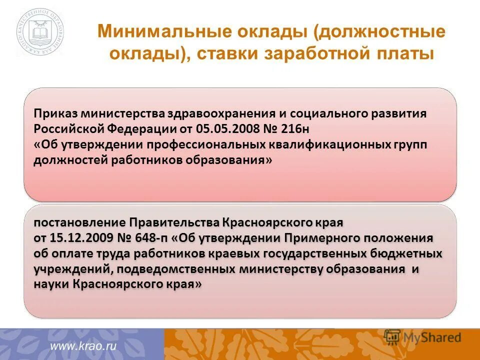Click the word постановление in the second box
pyautogui.click(x=80, y=221)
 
